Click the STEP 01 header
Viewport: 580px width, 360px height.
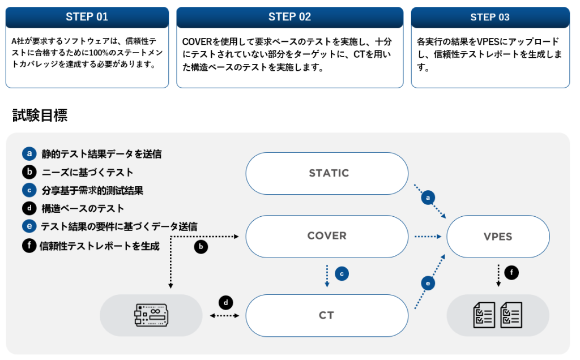[x=87, y=17]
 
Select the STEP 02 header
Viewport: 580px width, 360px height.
[x=289, y=17]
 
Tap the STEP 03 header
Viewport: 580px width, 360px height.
[x=490, y=17]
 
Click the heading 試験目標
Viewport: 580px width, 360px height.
[x=40, y=116]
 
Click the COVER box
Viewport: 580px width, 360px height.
[x=327, y=236]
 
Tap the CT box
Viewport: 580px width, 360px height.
[x=327, y=315]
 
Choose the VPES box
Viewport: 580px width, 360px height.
[x=498, y=236]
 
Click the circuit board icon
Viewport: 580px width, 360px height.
[x=151, y=315]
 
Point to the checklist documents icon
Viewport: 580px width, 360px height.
[x=498, y=315]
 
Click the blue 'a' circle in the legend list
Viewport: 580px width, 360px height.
[x=29, y=153]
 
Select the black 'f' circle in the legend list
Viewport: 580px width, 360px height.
[x=29, y=246]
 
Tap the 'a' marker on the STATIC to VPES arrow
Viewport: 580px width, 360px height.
[x=429, y=198]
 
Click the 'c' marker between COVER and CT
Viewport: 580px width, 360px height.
[x=342, y=273]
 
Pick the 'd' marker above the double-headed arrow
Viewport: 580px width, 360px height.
[x=225, y=302]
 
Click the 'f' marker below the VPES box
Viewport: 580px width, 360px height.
[x=511, y=273]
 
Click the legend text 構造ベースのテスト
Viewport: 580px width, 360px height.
[x=83, y=208]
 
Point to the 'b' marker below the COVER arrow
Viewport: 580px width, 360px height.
[x=201, y=247]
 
